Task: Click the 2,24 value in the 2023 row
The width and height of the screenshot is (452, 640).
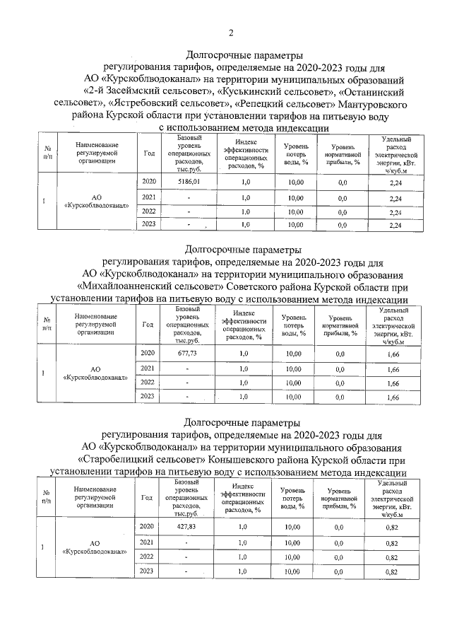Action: pyautogui.click(x=395, y=225)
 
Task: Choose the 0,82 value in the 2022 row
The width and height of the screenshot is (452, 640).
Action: pyautogui.click(x=392, y=557)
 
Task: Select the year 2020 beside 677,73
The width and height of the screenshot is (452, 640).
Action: pyautogui.click(x=148, y=353)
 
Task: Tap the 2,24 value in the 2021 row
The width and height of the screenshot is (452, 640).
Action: pyautogui.click(x=395, y=197)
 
